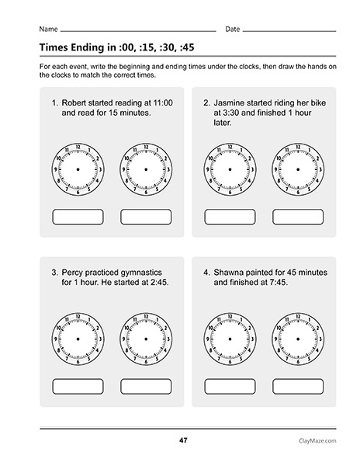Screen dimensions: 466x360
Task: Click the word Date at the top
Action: (233, 29)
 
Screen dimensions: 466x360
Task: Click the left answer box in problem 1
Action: (78, 216)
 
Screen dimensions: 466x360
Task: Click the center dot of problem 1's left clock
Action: (78, 169)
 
